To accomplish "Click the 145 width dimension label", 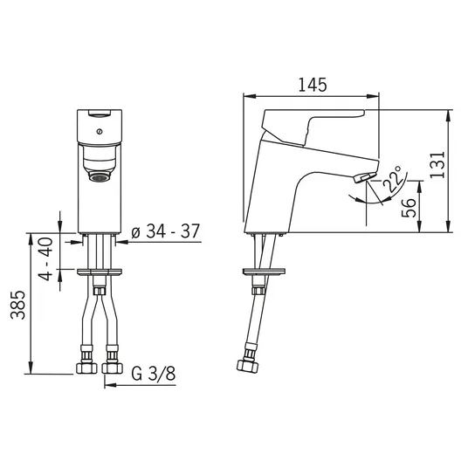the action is pos(313,85).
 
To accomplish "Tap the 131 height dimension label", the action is pos(437,165).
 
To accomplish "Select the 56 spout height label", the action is pos(409,208).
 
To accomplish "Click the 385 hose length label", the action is pos(17,305).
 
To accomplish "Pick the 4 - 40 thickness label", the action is pos(46,258).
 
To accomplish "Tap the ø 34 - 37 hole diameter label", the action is pos(165,231).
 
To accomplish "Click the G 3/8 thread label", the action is pos(154,374).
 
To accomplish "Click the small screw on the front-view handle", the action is pos(100,131).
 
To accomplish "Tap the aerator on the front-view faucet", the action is pos(100,177).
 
